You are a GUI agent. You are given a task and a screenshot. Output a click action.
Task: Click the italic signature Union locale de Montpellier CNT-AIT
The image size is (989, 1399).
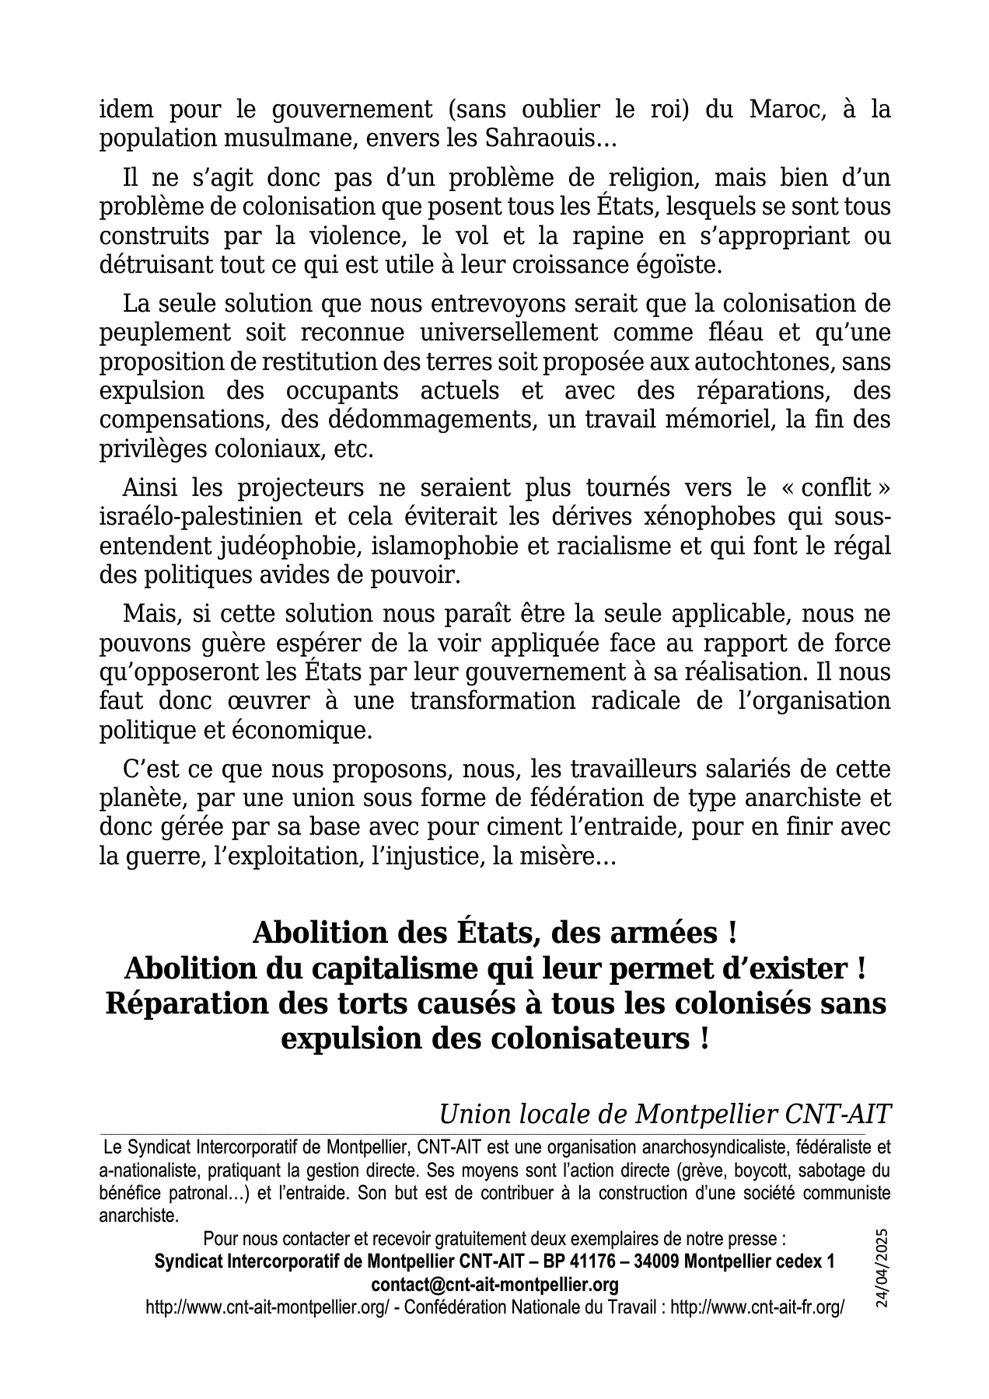click(665, 1115)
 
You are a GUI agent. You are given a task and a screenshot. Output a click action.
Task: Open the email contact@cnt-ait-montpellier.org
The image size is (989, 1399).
click(494, 1284)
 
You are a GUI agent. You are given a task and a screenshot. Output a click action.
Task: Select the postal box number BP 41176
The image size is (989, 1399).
click(596, 1261)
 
